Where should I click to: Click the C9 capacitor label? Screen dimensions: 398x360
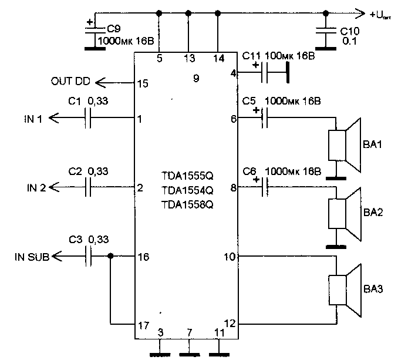[113, 29]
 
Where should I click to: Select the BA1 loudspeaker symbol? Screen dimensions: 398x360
[345, 145]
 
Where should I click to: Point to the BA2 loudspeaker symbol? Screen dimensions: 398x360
[345, 214]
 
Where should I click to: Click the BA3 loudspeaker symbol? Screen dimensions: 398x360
[345, 290]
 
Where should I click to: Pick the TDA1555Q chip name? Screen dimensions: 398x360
[187, 176]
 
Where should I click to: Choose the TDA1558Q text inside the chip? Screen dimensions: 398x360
[187, 204]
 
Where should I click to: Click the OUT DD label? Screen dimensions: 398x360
[70, 81]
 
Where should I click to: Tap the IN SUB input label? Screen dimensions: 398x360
[32, 257]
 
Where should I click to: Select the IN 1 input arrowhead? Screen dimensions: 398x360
[53, 118]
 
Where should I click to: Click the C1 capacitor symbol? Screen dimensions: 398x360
[87, 118]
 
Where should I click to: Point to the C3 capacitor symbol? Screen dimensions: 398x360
[88, 256]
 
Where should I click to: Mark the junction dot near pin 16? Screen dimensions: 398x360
[110, 256]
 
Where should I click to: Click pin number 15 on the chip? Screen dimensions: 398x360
[143, 83]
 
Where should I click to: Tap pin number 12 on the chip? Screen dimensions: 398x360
[230, 324]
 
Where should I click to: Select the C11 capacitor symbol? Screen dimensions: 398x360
[264, 73]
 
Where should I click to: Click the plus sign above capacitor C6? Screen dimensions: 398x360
[257, 180]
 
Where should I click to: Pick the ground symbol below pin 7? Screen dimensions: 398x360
[190, 354]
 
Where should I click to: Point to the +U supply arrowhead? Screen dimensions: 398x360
[360, 13]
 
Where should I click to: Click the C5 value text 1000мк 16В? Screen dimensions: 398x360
[293, 101]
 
